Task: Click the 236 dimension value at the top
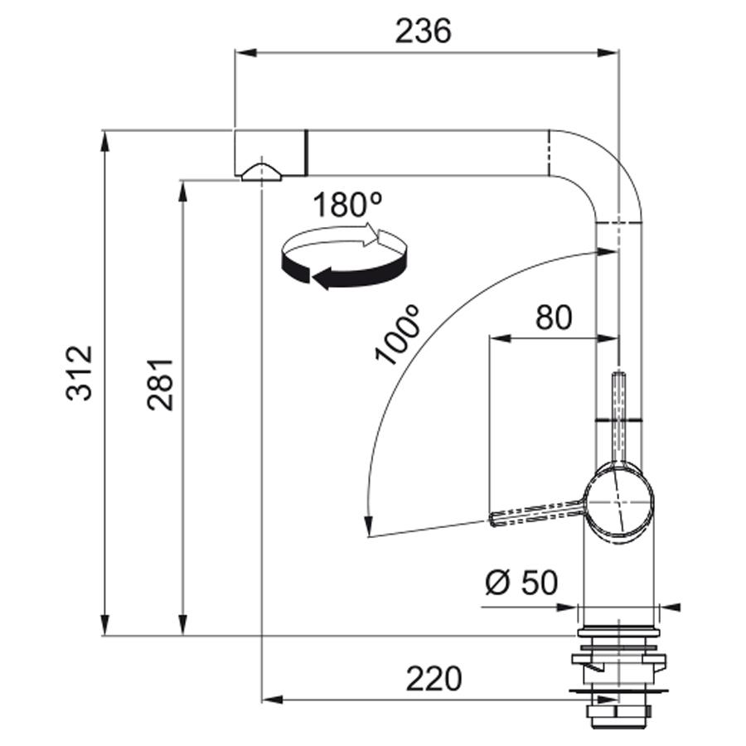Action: (x=423, y=31)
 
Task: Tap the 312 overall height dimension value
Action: (x=79, y=373)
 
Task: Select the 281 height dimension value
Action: (x=159, y=385)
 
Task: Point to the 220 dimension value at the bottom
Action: (x=434, y=679)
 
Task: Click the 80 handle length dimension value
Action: (x=554, y=317)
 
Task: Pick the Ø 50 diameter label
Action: (x=521, y=583)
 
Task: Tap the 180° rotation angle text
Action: (x=347, y=205)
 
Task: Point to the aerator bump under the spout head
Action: (x=262, y=172)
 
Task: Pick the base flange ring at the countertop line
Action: (x=618, y=632)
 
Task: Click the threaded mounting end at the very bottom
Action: (x=618, y=718)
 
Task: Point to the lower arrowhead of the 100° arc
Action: (x=367, y=526)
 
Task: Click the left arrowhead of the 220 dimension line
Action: (x=273, y=700)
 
